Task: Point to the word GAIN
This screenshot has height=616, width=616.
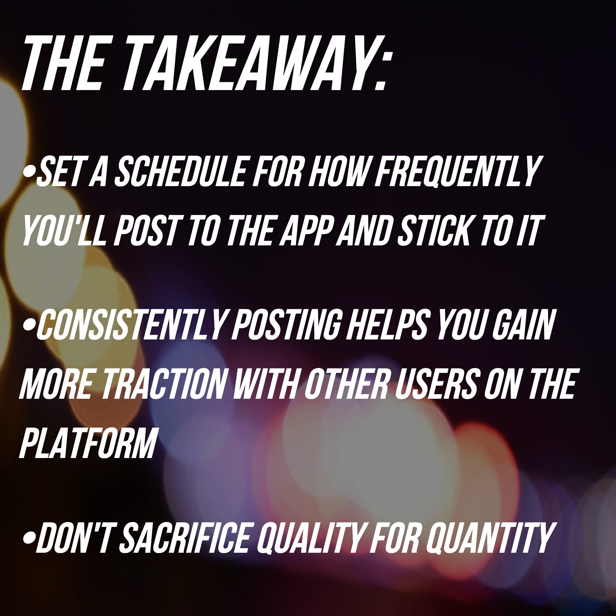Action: coord(524,325)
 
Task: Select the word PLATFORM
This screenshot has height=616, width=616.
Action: coord(88,443)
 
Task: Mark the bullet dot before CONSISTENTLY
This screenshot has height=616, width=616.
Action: coord(29,327)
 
